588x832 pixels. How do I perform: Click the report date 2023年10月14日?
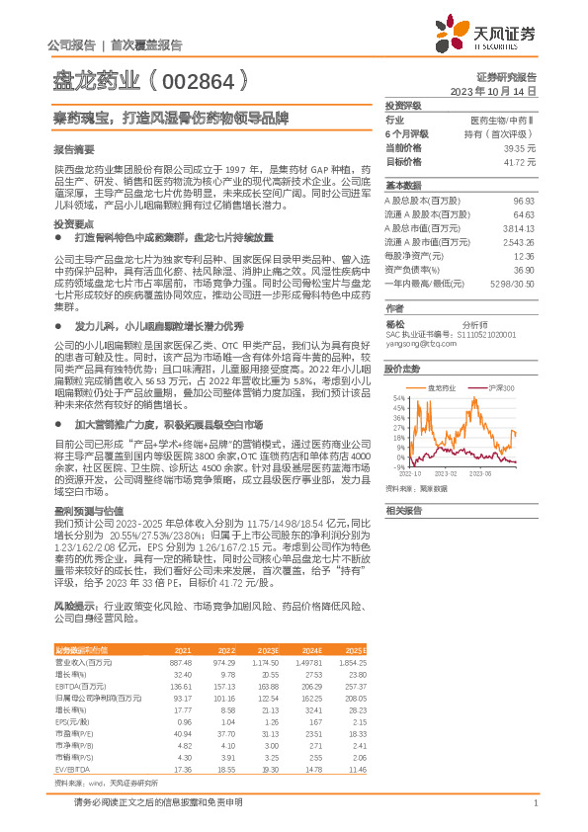coord(494,91)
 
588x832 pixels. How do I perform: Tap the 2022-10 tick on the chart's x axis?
coord(411,473)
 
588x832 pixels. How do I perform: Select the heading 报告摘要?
coord(74,148)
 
